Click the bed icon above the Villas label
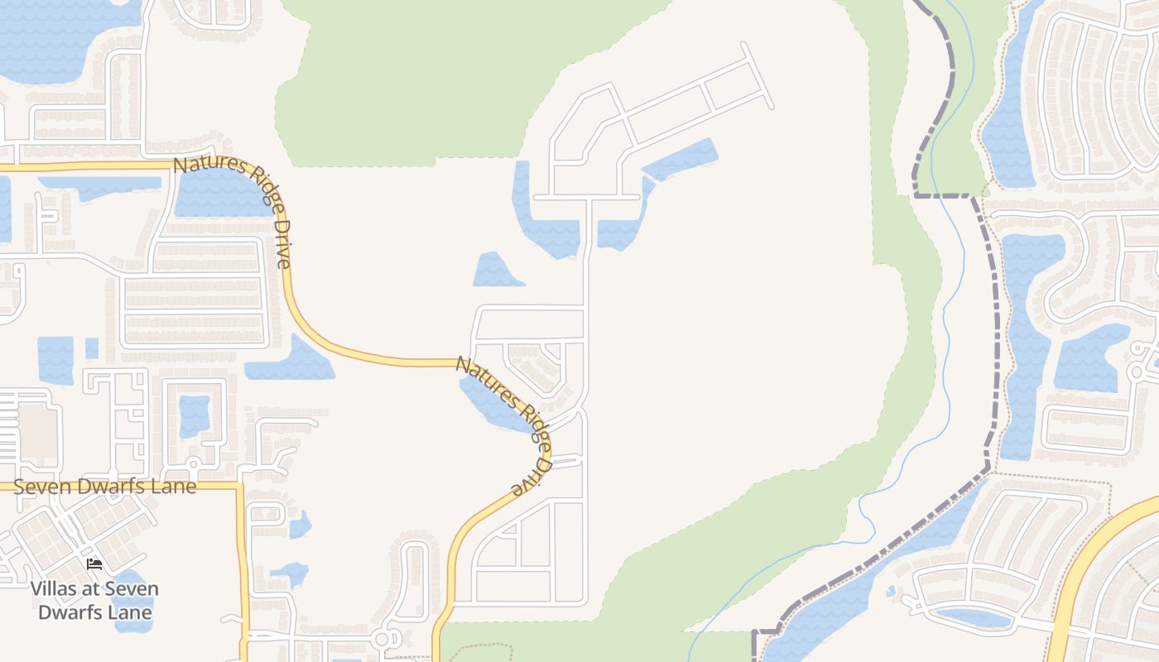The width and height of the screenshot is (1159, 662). point(94,564)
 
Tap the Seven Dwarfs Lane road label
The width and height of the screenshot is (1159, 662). point(105,487)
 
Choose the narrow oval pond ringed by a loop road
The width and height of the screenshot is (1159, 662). point(973,617)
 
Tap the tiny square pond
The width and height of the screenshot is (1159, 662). point(92,348)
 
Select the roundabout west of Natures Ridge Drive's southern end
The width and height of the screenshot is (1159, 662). point(383,639)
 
